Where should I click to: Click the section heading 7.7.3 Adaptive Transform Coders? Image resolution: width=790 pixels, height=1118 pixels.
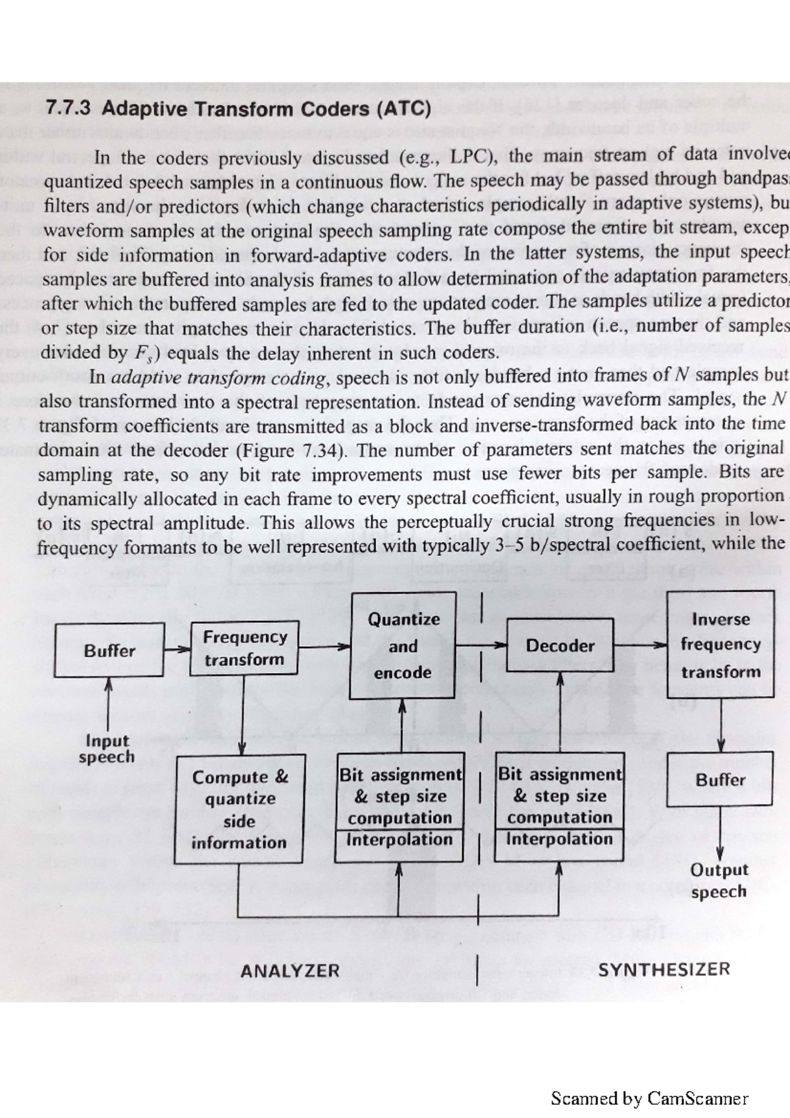coord(238,109)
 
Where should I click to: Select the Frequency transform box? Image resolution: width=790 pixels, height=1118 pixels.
coord(244,649)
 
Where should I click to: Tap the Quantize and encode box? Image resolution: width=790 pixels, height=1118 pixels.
coord(402,646)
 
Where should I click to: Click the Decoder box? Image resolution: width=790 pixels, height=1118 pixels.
coord(560,646)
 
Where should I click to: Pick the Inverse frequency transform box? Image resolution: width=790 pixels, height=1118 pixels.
coord(720,645)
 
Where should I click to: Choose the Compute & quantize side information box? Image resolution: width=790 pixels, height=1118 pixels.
coord(240,810)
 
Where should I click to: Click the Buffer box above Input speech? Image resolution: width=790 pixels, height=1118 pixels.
coord(109,651)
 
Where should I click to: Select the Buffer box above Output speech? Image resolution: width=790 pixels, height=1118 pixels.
coord(720,780)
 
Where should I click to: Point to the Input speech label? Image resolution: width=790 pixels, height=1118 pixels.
coord(107,749)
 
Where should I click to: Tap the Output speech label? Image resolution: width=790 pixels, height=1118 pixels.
coord(719,880)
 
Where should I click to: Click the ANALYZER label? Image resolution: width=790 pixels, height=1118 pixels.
coord(290,971)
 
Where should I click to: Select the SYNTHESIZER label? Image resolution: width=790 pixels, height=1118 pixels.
coord(664,969)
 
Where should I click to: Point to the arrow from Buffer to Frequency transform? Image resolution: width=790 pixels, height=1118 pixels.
coord(176,649)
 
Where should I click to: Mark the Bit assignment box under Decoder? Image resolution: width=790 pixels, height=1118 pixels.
coord(559,807)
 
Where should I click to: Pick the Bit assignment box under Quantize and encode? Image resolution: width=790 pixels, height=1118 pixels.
coord(400,807)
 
